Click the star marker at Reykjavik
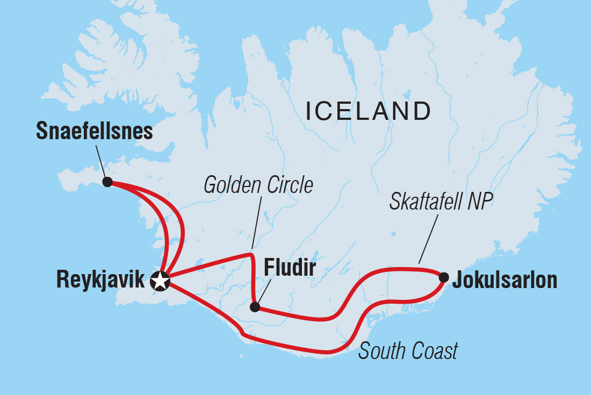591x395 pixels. [x=160, y=281]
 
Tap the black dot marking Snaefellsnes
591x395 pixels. [x=107, y=182]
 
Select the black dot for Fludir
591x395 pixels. [x=255, y=307]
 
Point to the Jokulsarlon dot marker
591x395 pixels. [x=444, y=277]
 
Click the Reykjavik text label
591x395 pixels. [x=100, y=281]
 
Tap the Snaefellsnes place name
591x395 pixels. [x=95, y=131]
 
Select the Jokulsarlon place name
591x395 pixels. [x=504, y=281]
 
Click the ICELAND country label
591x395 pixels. [x=368, y=111]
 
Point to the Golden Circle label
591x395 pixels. [x=258, y=185]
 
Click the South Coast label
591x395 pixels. [x=408, y=351]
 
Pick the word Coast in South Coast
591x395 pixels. [x=433, y=351]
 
